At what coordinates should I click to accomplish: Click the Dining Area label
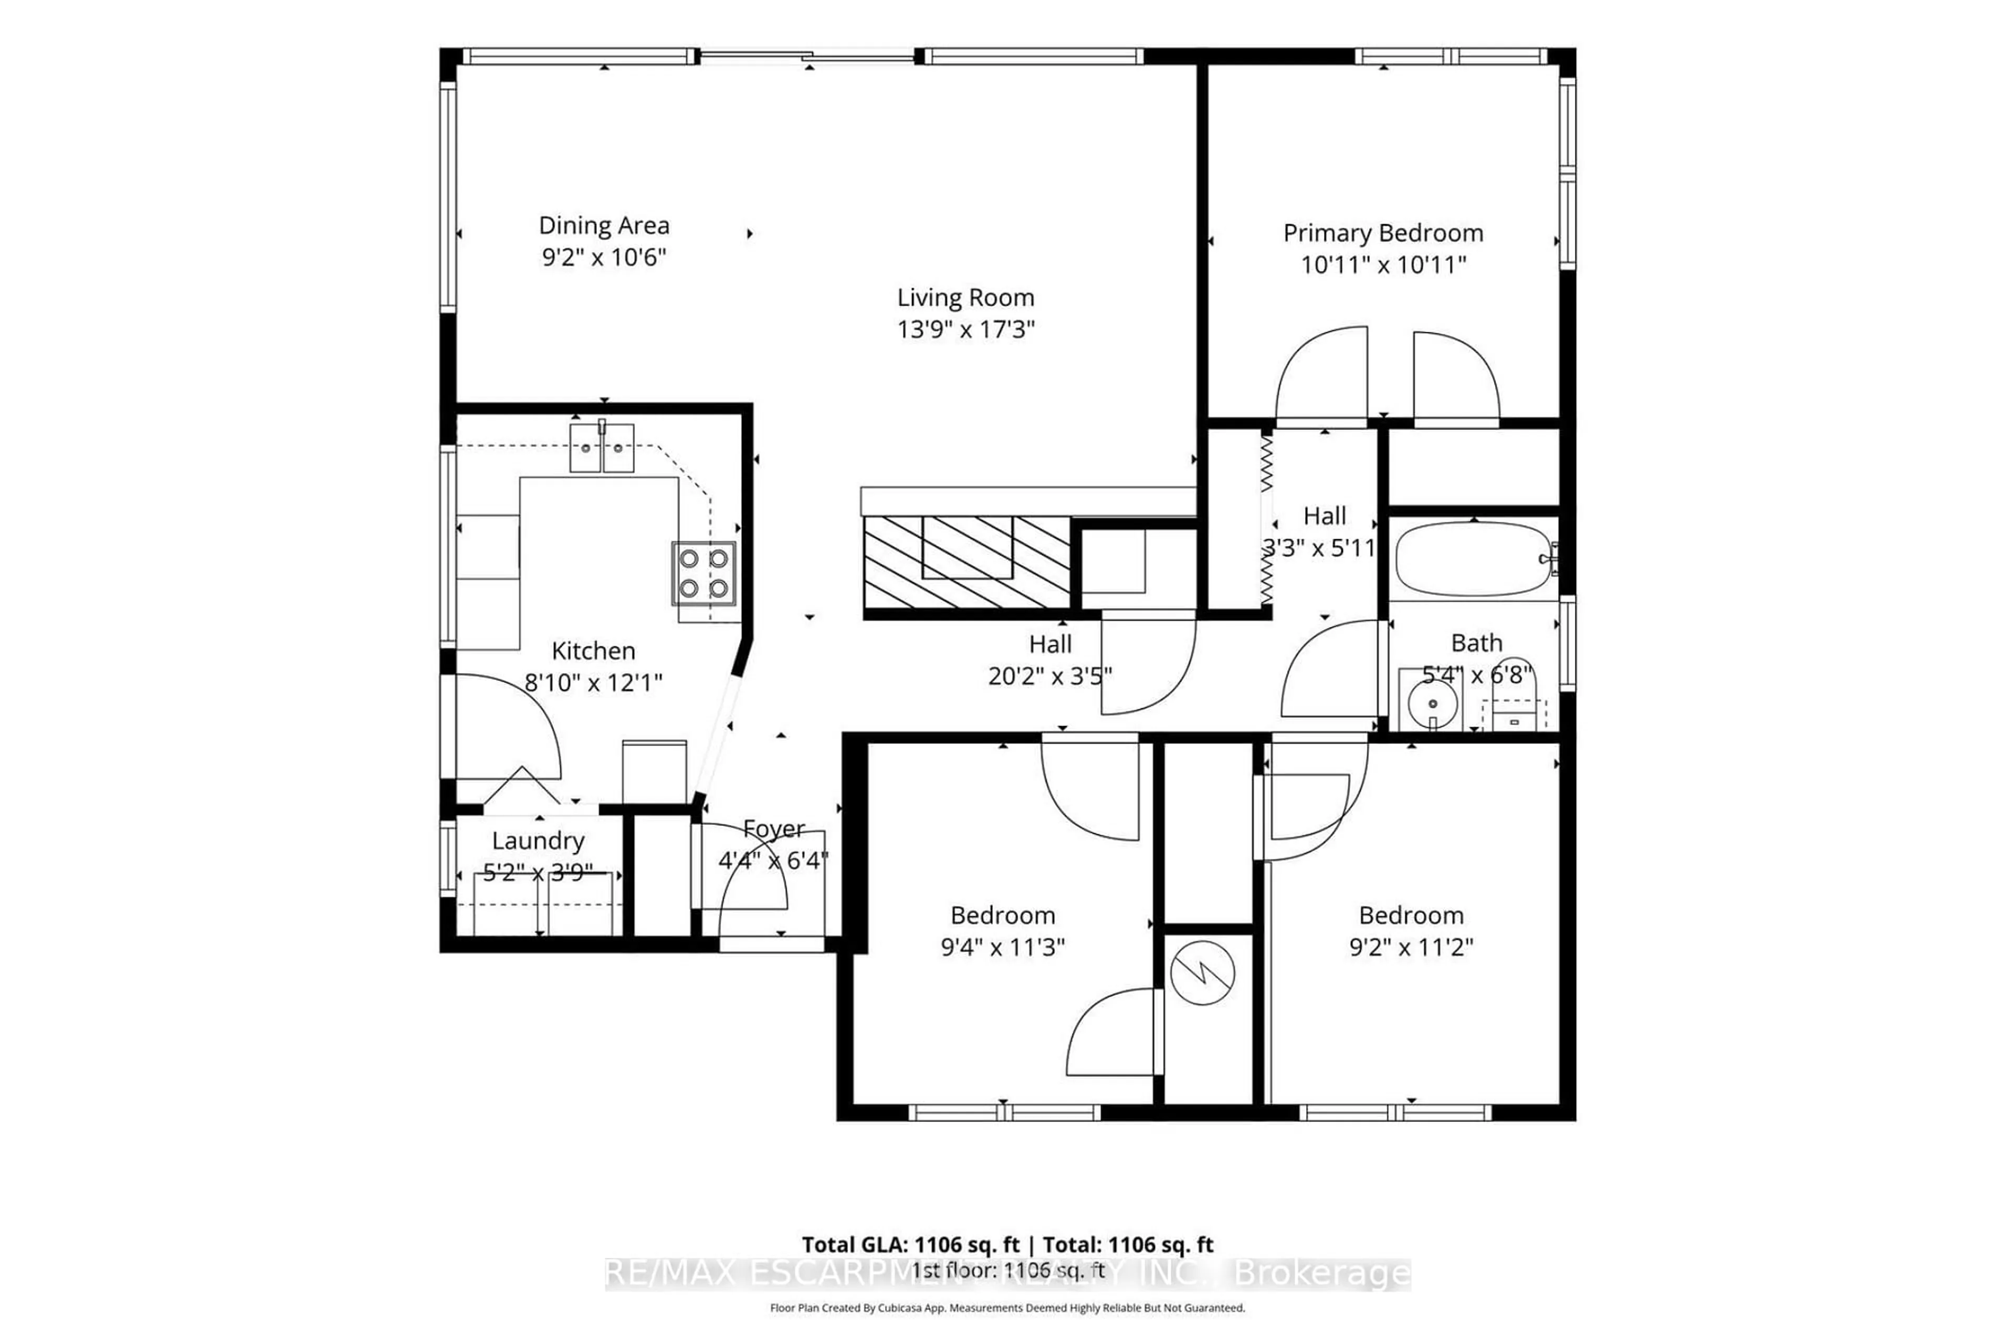tap(603, 225)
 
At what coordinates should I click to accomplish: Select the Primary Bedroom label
tap(1382, 233)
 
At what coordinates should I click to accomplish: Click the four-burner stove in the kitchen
tap(703, 573)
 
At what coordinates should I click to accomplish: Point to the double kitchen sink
tap(602, 447)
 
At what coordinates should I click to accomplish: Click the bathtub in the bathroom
tap(1473, 559)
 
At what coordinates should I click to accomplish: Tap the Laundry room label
tap(538, 841)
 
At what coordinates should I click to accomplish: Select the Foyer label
tap(773, 829)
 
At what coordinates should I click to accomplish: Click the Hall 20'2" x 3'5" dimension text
tap(1049, 676)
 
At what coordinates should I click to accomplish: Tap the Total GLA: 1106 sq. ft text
tap(910, 1245)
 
